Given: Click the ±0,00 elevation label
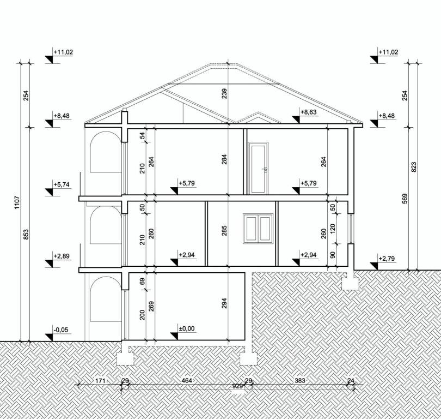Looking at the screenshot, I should (186, 329).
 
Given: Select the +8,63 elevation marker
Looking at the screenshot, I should (308, 112).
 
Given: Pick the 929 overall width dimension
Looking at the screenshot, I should (237, 386).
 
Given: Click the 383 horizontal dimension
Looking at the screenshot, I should (301, 380).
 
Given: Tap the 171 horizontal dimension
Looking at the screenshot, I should (99, 380).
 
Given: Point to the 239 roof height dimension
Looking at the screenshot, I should (224, 93).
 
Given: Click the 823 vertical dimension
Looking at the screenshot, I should (413, 167).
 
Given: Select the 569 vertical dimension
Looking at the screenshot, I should (405, 199).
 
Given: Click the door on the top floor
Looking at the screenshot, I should (258, 168).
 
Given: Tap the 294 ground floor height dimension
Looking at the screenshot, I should (224, 303).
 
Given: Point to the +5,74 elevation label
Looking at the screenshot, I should (63, 184).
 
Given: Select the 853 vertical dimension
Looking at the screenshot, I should (26, 234).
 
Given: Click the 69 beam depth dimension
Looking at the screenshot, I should (142, 281).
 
